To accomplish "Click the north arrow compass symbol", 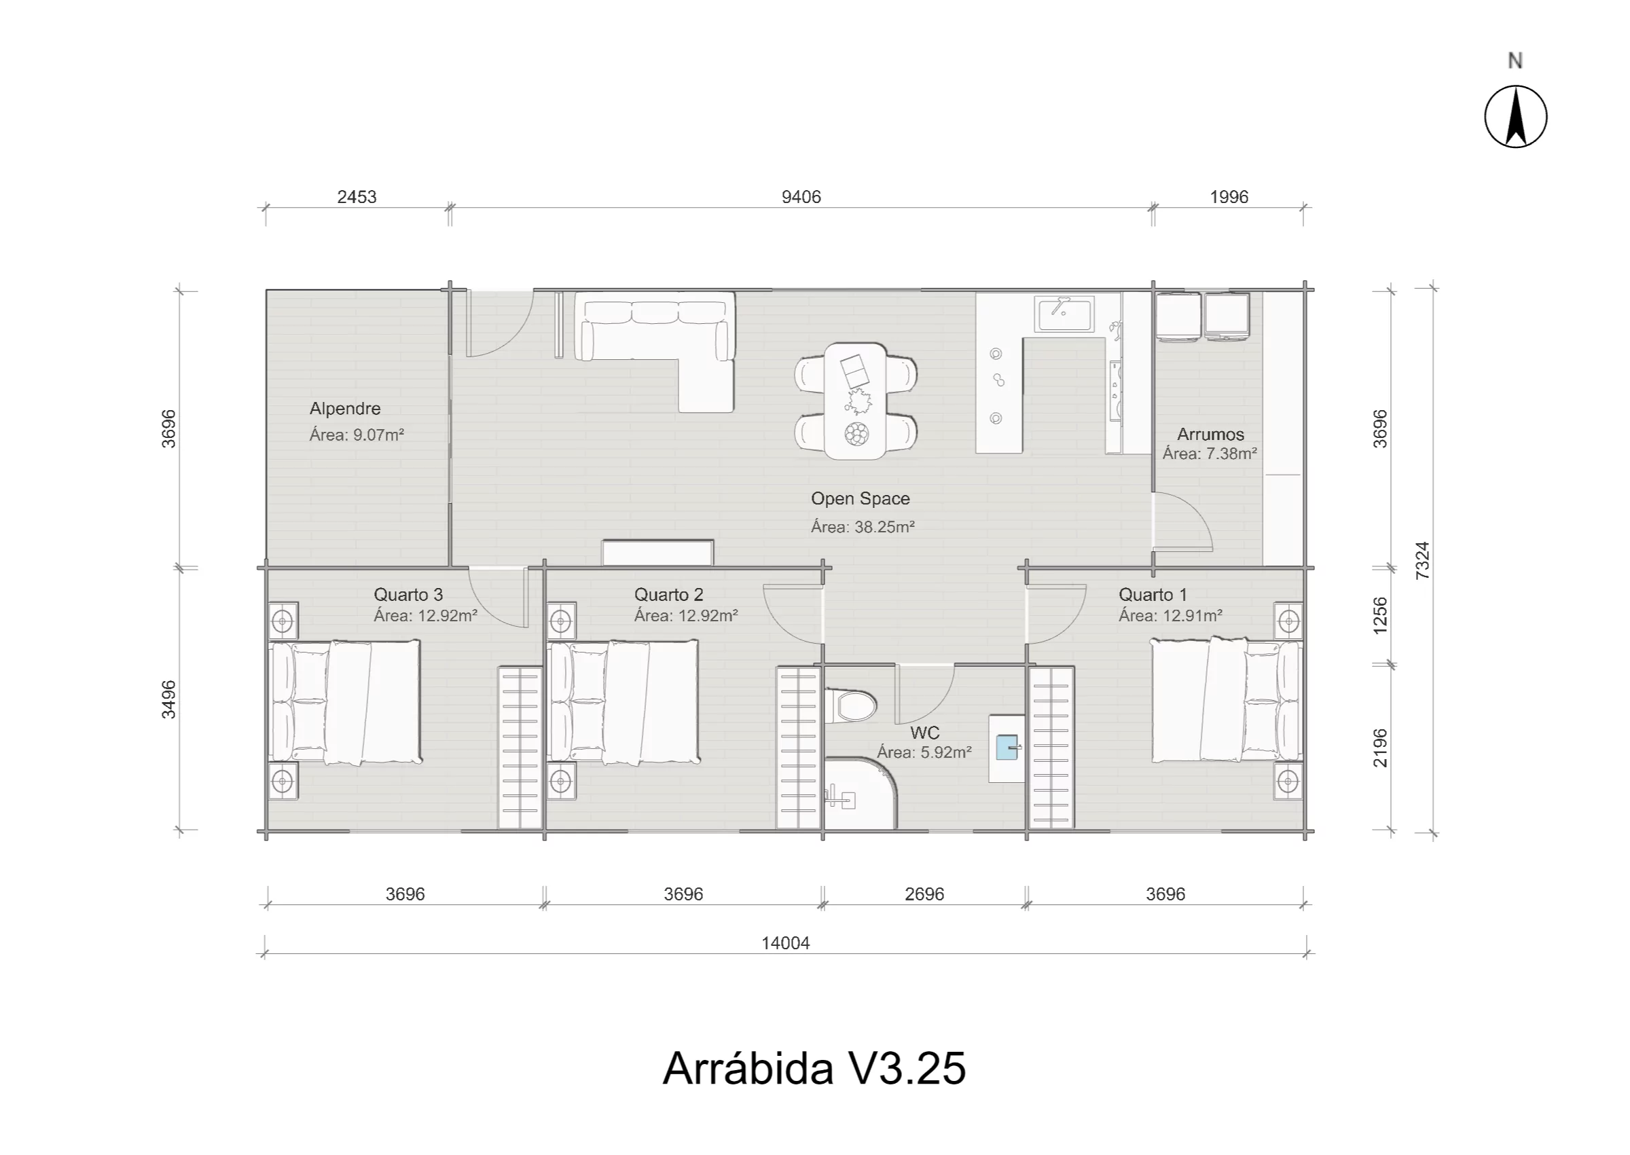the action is (x=1515, y=117).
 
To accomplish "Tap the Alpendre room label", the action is (x=345, y=408).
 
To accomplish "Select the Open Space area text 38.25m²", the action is (x=863, y=527).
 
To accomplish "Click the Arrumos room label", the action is (x=1210, y=434).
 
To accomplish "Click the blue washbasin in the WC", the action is (x=1007, y=748).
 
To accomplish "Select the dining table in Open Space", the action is (x=856, y=401).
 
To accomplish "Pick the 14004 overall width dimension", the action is (x=785, y=943).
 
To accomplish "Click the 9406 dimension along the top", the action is (x=801, y=197).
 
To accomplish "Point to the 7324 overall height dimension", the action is (x=1421, y=560).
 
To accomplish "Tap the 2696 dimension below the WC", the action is (x=924, y=894).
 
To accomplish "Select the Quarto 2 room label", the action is (x=668, y=595).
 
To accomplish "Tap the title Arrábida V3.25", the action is (x=814, y=1068).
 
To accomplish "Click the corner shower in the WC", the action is (x=860, y=794).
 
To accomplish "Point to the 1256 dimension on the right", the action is (x=1379, y=616).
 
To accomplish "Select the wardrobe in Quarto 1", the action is (x=1051, y=748).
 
